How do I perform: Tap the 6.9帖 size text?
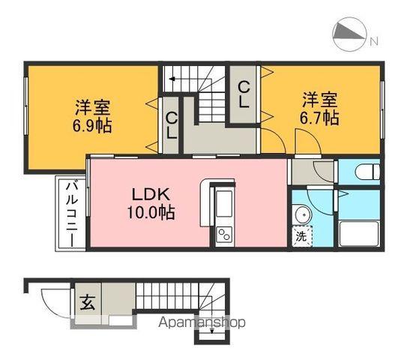[x=92, y=125]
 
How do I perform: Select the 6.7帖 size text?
[x=321, y=118]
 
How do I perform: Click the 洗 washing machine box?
[x=301, y=234]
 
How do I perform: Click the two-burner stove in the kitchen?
[x=225, y=234]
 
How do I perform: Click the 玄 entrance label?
[x=87, y=303]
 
